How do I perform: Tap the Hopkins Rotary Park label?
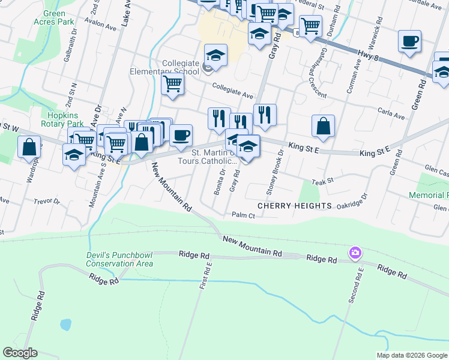pos(62,119)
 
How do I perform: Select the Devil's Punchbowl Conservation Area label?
pos(119,259)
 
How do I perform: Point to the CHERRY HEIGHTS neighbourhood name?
pos(295,206)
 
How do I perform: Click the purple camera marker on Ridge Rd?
pos(355,253)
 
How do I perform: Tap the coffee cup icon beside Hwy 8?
pos(409,41)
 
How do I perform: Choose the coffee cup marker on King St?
pos(181,135)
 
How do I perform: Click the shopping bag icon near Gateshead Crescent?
pos(323,126)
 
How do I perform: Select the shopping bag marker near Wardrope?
pos(29,147)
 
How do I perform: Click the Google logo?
pos(19,353)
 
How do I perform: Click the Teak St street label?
pos(322,180)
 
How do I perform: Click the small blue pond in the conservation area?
pos(65,325)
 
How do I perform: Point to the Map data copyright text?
pos(412,355)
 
